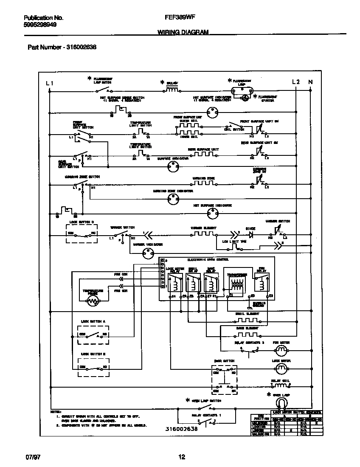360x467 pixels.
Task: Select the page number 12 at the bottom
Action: point(182,457)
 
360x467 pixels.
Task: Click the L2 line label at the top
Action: point(296,82)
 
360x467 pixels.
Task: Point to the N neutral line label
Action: point(310,82)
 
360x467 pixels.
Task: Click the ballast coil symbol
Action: point(172,90)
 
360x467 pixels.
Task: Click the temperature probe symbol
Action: point(93,301)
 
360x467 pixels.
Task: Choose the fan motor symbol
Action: point(281,350)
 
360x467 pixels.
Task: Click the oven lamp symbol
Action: point(281,402)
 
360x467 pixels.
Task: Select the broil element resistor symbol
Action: point(247,319)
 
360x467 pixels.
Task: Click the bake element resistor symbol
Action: point(247,334)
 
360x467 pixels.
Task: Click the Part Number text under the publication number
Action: point(62,47)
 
